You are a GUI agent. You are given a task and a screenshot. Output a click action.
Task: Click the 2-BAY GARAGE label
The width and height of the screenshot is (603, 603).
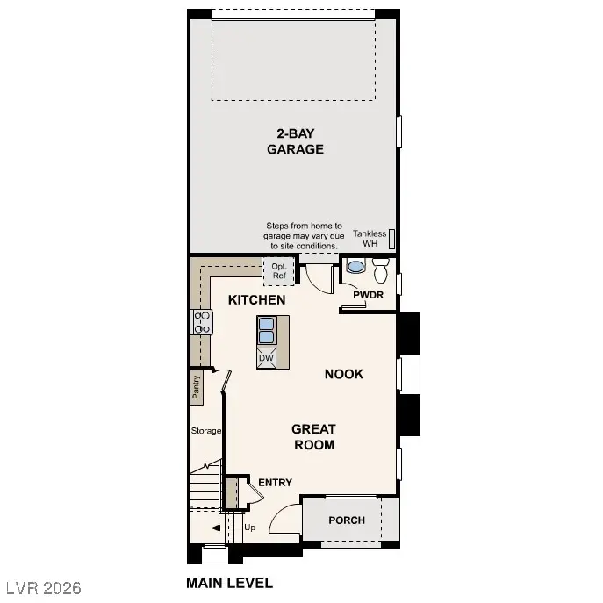pyautogui.click(x=295, y=141)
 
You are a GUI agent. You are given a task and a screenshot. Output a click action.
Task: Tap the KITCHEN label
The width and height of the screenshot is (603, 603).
pyautogui.click(x=256, y=300)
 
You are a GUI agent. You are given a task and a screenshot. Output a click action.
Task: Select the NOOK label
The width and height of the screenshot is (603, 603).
pyautogui.click(x=344, y=374)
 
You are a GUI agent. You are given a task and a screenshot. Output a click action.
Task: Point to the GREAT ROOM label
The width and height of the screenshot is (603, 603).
pyautogui.click(x=313, y=436)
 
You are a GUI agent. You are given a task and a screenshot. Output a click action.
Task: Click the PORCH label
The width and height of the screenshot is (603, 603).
pyautogui.click(x=347, y=520)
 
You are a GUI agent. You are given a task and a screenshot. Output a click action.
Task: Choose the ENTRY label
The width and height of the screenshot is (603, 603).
pyautogui.click(x=275, y=483)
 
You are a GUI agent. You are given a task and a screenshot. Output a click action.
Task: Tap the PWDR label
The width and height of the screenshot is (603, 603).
pyautogui.click(x=369, y=295)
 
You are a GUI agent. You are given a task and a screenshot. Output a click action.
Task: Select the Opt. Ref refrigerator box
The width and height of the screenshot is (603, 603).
pyautogui.click(x=279, y=271)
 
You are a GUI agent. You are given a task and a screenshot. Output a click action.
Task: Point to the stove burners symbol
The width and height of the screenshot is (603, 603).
pyautogui.click(x=202, y=321)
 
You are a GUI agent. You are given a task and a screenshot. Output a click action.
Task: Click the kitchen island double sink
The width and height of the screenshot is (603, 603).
pyautogui.click(x=268, y=330)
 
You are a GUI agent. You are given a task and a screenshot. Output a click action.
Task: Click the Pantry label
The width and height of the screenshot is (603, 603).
pyautogui.click(x=197, y=387)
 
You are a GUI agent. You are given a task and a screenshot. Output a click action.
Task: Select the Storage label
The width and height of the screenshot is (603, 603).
pyautogui.click(x=206, y=431)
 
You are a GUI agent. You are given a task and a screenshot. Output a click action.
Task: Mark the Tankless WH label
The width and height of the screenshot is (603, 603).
pyautogui.click(x=370, y=239)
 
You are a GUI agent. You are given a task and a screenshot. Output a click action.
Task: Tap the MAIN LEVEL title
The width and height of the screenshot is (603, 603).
pyautogui.click(x=229, y=582)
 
